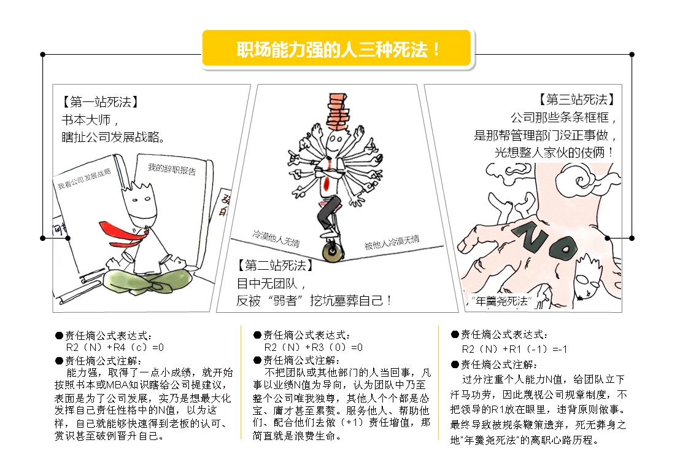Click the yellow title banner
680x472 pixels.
pos(336,49)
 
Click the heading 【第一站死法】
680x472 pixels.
pos(101,101)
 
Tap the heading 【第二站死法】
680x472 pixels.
pos(276,265)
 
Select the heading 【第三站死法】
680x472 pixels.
pos(577,100)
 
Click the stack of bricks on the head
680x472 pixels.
pos(338,111)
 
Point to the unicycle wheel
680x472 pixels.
pos(333,251)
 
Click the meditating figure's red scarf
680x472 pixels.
pos(123,233)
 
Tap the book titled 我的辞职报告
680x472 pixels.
pos(174,208)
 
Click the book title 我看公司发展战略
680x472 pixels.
pos(84,178)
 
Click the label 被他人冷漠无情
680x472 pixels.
pos(392,242)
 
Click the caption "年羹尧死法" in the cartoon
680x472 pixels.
pos(501,301)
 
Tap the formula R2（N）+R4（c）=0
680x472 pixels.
pos(115,347)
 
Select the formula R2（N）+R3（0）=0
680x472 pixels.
pos(313,347)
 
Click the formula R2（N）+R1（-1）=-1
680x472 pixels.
pos(514,349)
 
